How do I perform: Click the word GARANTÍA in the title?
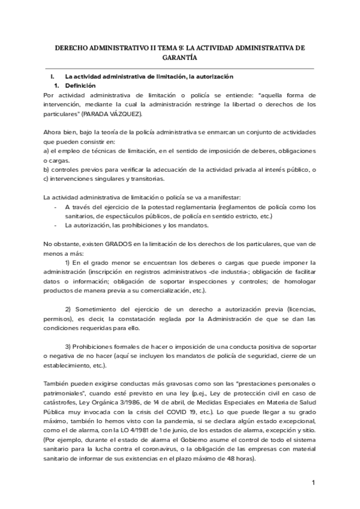(179, 58)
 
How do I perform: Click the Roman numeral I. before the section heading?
(53, 77)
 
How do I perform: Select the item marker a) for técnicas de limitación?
(47, 151)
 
